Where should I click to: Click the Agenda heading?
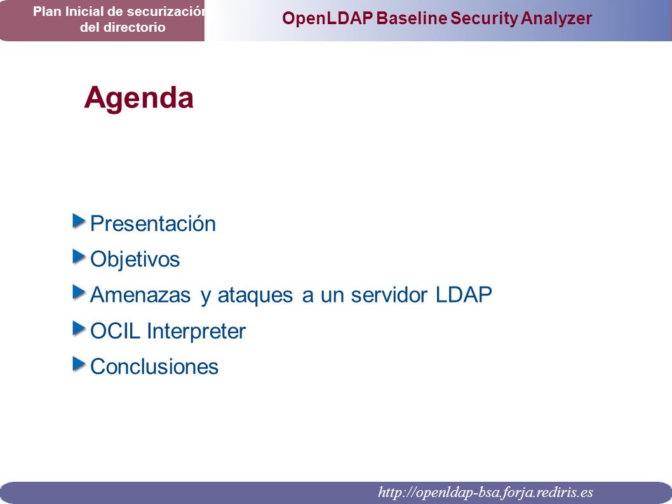[x=139, y=99]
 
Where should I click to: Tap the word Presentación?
[x=153, y=224]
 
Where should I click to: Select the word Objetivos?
[x=135, y=260]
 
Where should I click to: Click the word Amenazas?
[x=140, y=295]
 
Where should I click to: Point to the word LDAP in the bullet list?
[x=464, y=295]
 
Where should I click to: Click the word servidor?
[x=389, y=295]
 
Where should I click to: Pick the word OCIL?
[x=116, y=331]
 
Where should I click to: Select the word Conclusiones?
[x=154, y=367]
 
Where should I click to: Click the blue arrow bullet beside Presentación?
[x=79, y=221]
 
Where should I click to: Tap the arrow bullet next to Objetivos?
[x=79, y=257]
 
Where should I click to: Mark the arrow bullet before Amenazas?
[x=79, y=292]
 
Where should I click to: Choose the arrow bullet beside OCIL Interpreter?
[x=79, y=329]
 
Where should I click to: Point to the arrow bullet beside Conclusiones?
[x=79, y=364]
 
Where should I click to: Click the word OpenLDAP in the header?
[x=328, y=18]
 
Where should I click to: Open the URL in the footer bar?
[x=485, y=493]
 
